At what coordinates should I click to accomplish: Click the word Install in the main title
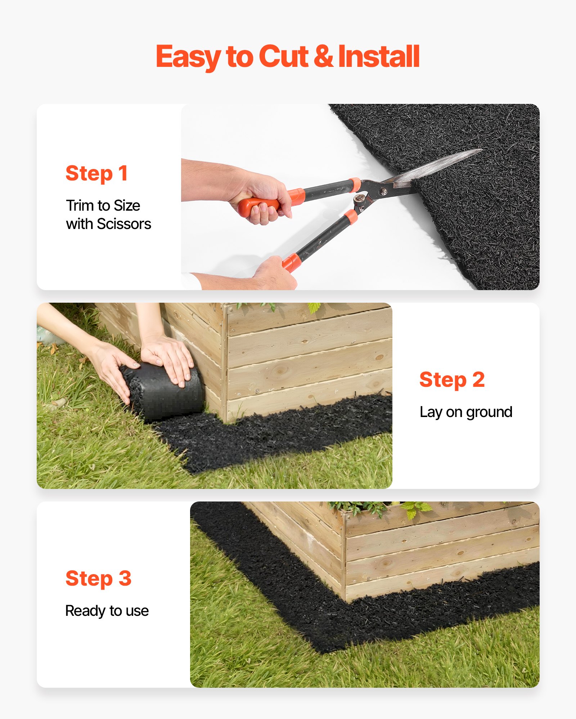click(x=379, y=56)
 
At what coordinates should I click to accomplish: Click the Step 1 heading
click(x=96, y=174)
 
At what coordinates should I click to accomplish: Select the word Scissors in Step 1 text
click(x=124, y=224)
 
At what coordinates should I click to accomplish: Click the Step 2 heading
click(x=452, y=380)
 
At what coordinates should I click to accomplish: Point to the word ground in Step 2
click(x=489, y=412)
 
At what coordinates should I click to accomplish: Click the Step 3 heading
click(x=98, y=579)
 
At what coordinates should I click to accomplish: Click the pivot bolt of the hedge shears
click(x=384, y=192)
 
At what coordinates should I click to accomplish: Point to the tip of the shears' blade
click(x=480, y=150)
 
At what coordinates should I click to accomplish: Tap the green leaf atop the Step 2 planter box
click(x=314, y=308)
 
